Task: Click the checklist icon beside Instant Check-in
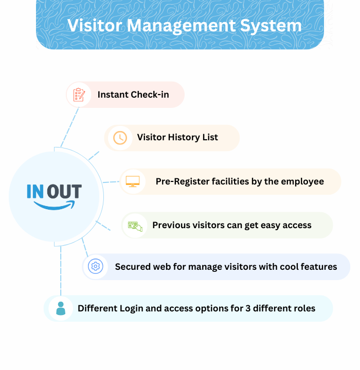pyautogui.click(x=79, y=95)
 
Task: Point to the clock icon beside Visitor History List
pyautogui.click(x=119, y=138)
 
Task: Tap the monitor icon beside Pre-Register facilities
pyautogui.click(x=133, y=181)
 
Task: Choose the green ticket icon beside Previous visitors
pyautogui.click(x=135, y=226)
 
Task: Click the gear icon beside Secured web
pyautogui.click(x=95, y=267)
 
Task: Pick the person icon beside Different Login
pyautogui.click(x=61, y=308)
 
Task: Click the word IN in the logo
pyautogui.click(x=35, y=192)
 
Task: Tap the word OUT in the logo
pyautogui.click(x=64, y=192)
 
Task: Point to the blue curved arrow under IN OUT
pyautogui.click(x=54, y=205)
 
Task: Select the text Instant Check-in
pyautogui.click(x=133, y=95)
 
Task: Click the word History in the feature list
pyautogui.click(x=183, y=138)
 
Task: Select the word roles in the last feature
pyautogui.click(x=303, y=308)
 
